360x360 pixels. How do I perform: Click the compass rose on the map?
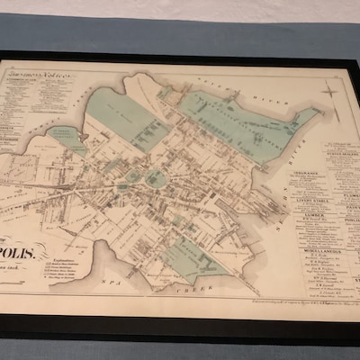(329, 91)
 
